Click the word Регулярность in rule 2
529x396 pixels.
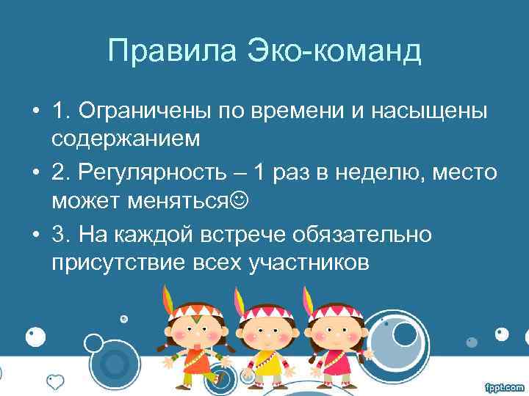[162, 174]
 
